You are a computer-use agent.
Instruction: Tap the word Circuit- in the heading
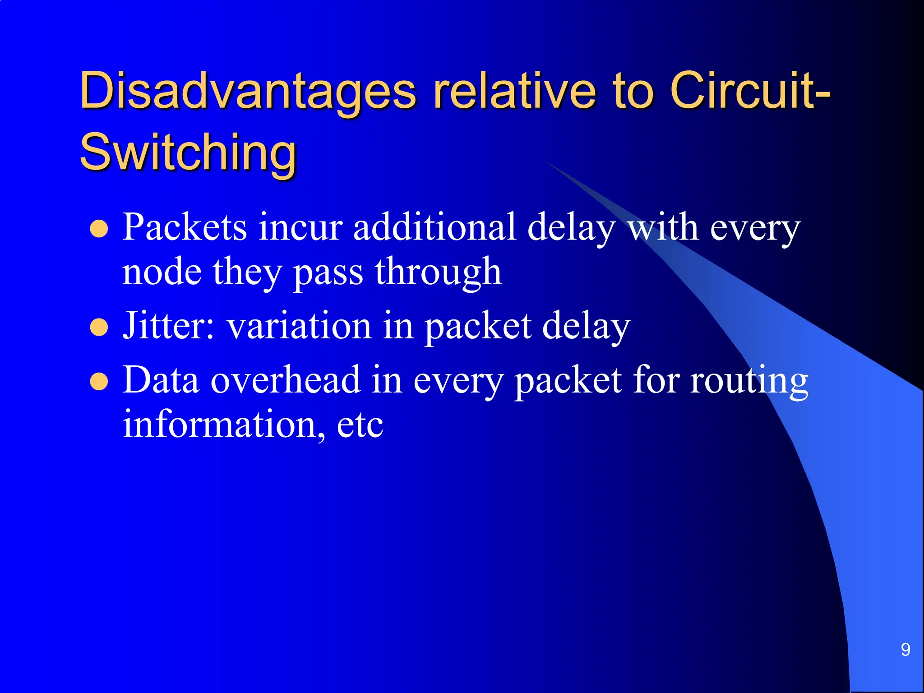pyautogui.click(x=749, y=92)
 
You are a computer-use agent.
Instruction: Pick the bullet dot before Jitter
pyautogui.click(x=99, y=328)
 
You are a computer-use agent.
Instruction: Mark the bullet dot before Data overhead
pyautogui.click(x=99, y=382)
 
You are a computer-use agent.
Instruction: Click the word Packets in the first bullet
pyautogui.click(x=185, y=227)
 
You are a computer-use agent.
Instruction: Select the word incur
pyautogui.click(x=300, y=227)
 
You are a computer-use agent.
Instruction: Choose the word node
pyautogui.click(x=162, y=273)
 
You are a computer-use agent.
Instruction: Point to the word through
pyautogui.click(x=438, y=273)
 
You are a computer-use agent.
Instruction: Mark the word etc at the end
pyautogui.click(x=360, y=425)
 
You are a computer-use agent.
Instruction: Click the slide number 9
pyautogui.click(x=905, y=650)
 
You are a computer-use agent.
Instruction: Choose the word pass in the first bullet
pyautogui.click(x=328, y=273)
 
